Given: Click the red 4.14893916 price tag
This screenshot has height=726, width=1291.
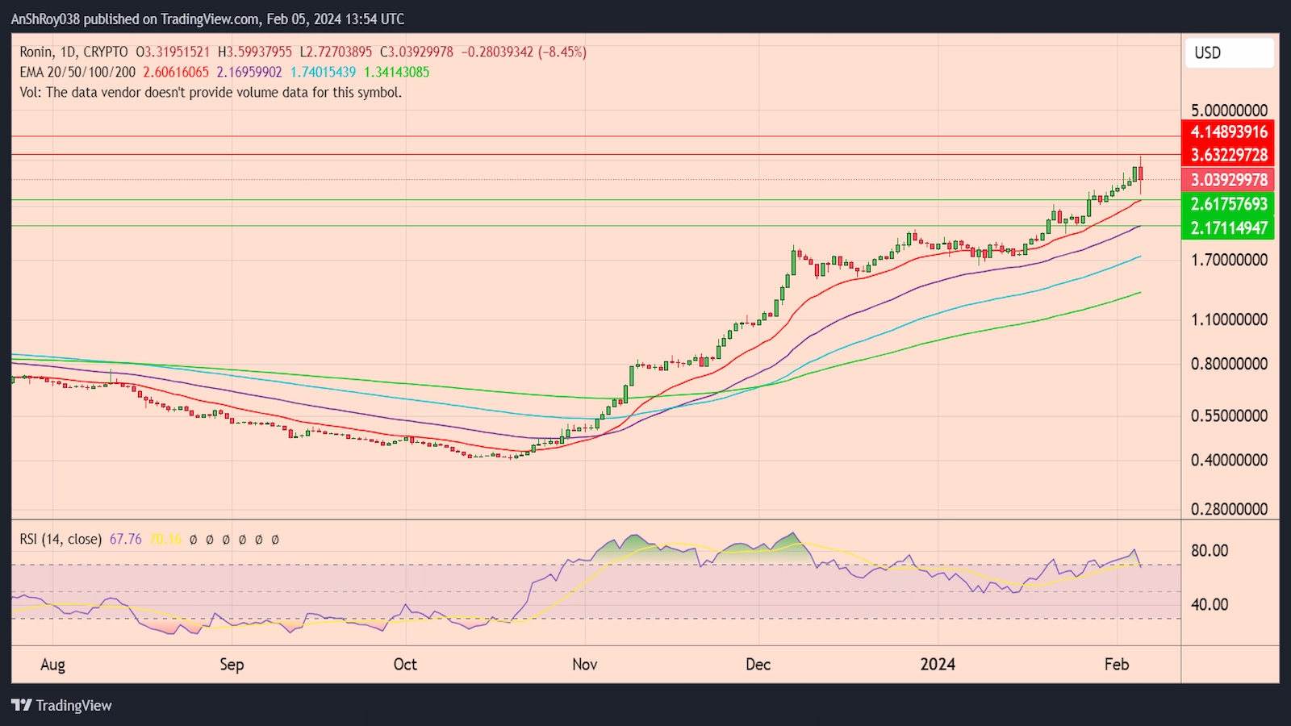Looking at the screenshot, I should point(1228,131).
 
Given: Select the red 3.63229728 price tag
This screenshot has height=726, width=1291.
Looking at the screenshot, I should point(1228,155).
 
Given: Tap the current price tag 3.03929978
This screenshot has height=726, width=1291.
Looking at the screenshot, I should point(1228,180).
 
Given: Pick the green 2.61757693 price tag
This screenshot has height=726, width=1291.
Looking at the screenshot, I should point(1228,204).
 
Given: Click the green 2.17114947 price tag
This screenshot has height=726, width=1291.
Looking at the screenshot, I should point(1228,228).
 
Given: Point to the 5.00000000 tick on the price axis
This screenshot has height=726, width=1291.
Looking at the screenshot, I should point(1228,111).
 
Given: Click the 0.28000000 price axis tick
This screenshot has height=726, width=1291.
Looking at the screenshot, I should point(1228,509).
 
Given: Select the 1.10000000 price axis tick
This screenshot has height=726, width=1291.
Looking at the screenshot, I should point(1228,319).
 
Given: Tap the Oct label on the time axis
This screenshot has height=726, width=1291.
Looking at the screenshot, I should point(405,664).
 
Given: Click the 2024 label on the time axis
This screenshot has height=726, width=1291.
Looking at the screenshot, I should point(938,664).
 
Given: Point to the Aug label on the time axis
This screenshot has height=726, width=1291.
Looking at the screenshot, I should point(52,665).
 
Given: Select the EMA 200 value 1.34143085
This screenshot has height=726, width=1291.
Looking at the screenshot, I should point(396,72).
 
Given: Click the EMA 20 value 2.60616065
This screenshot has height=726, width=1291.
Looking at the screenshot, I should point(176,72).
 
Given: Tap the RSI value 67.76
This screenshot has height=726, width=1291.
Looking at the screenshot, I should point(125,539).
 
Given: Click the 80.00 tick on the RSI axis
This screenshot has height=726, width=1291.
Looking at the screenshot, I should point(1210,551).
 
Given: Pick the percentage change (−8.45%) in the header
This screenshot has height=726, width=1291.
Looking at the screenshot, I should point(562,52).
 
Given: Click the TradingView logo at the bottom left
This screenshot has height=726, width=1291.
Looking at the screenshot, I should point(62,705).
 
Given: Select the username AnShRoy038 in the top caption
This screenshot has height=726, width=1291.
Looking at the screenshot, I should point(45,19).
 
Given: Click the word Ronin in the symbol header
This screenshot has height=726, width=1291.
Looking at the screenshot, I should point(36,52).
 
